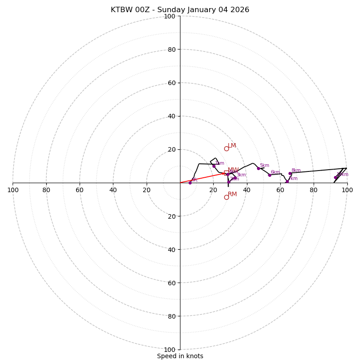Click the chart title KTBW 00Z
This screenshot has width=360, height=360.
click(180, 10)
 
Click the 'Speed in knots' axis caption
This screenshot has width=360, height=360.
click(180, 356)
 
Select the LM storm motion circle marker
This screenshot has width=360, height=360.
click(226, 148)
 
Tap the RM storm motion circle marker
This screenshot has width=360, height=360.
click(226, 197)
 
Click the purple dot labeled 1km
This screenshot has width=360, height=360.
click(214, 166)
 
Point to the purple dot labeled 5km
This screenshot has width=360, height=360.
click(258, 168)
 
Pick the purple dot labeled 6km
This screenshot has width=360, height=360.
click(270, 175)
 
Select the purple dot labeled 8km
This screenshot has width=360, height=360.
click(290, 173)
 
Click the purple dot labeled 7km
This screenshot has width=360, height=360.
click(287, 181)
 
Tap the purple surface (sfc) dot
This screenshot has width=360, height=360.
click(190, 183)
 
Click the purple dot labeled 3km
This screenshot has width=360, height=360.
click(234, 178)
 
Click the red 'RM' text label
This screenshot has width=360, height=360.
click(232, 194)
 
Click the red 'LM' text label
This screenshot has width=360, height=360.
click(232, 146)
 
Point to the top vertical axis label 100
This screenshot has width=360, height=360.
click(170, 16)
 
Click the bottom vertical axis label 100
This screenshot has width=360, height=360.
click(170, 350)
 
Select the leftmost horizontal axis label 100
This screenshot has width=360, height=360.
click(13, 190)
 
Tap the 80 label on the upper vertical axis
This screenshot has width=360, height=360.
click(171, 49)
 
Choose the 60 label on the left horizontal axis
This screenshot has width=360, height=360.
click(80, 190)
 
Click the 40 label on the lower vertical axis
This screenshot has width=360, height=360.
click(171, 250)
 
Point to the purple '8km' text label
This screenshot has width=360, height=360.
click(296, 171)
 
